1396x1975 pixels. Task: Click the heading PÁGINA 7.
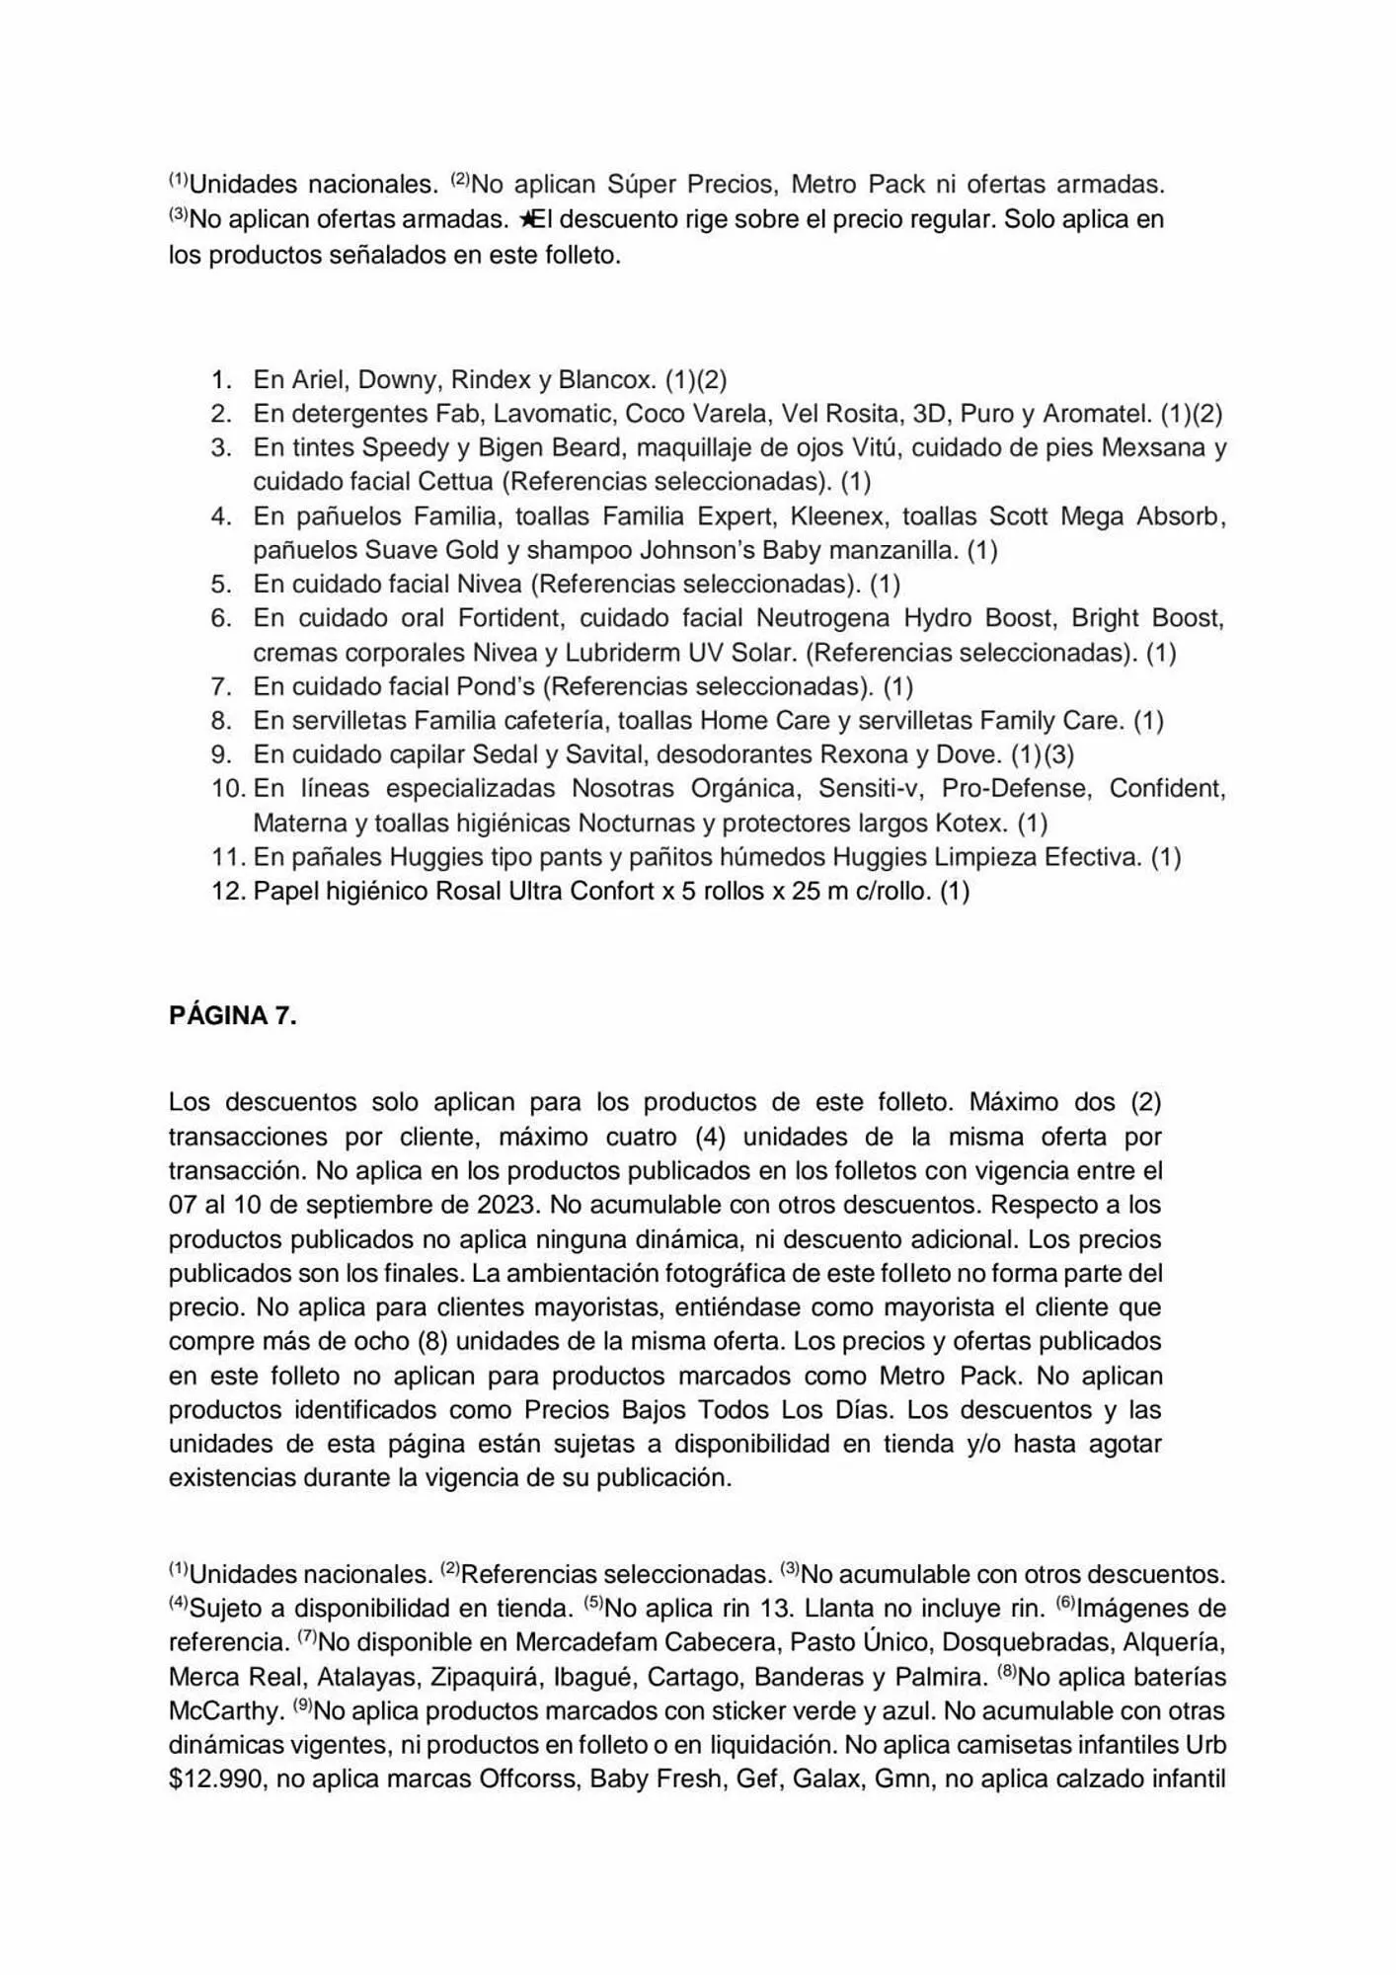(x=232, y=1016)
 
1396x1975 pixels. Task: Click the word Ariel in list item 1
(x=319, y=379)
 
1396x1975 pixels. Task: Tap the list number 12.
(x=227, y=891)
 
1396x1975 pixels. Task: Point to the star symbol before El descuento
(x=525, y=219)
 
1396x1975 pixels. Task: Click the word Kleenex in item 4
(x=836, y=515)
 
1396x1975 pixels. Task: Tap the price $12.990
(x=215, y=1780)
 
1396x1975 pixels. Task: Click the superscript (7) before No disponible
(x=307, y=1636)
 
